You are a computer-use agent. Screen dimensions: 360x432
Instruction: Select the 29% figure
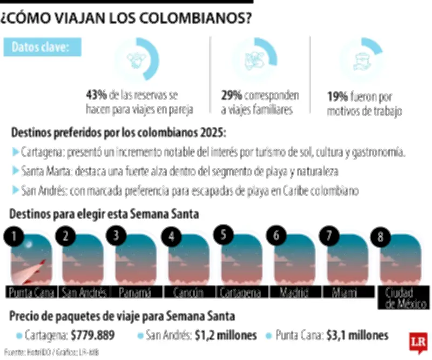[x=231, y=95]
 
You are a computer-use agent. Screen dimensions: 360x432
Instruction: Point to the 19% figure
[x=336, y=97]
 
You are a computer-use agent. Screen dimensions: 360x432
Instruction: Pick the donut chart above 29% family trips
[x=254, y=59]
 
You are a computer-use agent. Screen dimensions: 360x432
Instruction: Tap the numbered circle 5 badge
[x=223, y=235]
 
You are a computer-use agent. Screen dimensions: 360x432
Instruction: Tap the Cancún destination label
[x=188, y=292]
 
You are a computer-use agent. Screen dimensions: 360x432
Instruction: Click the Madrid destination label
[x=294, y=292]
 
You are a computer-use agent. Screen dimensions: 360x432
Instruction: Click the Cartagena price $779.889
[x=92, y=335]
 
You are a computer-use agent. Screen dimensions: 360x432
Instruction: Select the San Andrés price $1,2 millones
[x=225, y=335]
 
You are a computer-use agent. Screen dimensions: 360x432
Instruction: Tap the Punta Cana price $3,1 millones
[x=357, y=335]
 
